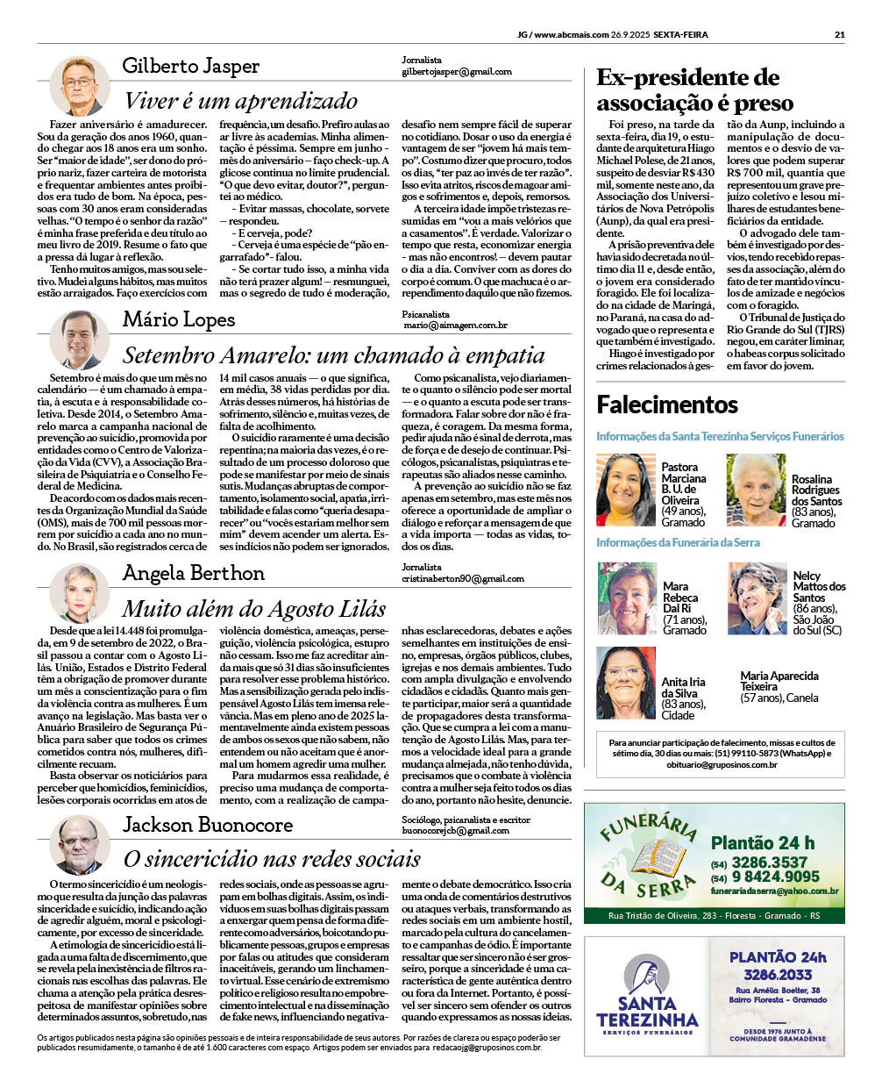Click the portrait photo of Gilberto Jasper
pos(80,86)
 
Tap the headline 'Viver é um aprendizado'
pos(240,101)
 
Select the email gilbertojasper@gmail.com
pos(456,72)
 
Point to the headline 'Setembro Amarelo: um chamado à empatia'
pos(333,355)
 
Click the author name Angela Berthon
pos(193,574)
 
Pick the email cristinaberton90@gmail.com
pos(462,579)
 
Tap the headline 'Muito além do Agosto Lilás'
pos(253,609)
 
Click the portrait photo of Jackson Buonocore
pos(80,846)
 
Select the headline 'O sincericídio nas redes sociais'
pos(272,859)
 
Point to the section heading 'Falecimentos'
pos(667,404)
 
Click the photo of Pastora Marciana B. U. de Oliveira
pos(626,490)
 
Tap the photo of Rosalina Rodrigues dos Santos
pos(756,490)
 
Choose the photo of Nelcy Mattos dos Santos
pos(757,598)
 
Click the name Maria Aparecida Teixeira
pos(779,681)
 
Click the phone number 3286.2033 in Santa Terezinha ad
pos(778,975)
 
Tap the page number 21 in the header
pos(839,35)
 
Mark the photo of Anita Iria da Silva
pos(626,684)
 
